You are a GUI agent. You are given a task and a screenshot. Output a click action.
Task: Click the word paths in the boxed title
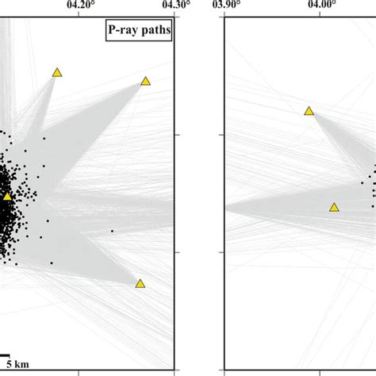pos(155,33)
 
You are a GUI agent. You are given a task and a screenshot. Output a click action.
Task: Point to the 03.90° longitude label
pos(226,5)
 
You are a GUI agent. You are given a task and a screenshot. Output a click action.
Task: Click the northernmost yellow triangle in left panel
pos(57,72)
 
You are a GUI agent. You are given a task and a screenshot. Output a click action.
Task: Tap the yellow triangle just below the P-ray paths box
pos(146,81)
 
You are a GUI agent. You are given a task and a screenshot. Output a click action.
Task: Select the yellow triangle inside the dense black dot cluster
pos(7,196)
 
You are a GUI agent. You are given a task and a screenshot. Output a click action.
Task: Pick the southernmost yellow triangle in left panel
pos(140,283)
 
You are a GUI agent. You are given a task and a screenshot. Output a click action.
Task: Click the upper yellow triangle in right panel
pos(309,111)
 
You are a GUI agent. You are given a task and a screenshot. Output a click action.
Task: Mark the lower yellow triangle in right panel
pos(334,207)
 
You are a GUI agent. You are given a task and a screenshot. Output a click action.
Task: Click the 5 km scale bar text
pos(17,365)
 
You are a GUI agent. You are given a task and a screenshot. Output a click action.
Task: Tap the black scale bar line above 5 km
pos(4,356)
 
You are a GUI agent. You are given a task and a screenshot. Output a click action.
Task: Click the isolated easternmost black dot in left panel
pos(112,231)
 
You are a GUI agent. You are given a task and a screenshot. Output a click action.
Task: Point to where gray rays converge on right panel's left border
pos(226,208)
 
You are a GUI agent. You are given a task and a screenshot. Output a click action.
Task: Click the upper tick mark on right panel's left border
pos(228,135)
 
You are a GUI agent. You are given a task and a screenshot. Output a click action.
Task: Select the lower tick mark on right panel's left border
pos(228,252)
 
